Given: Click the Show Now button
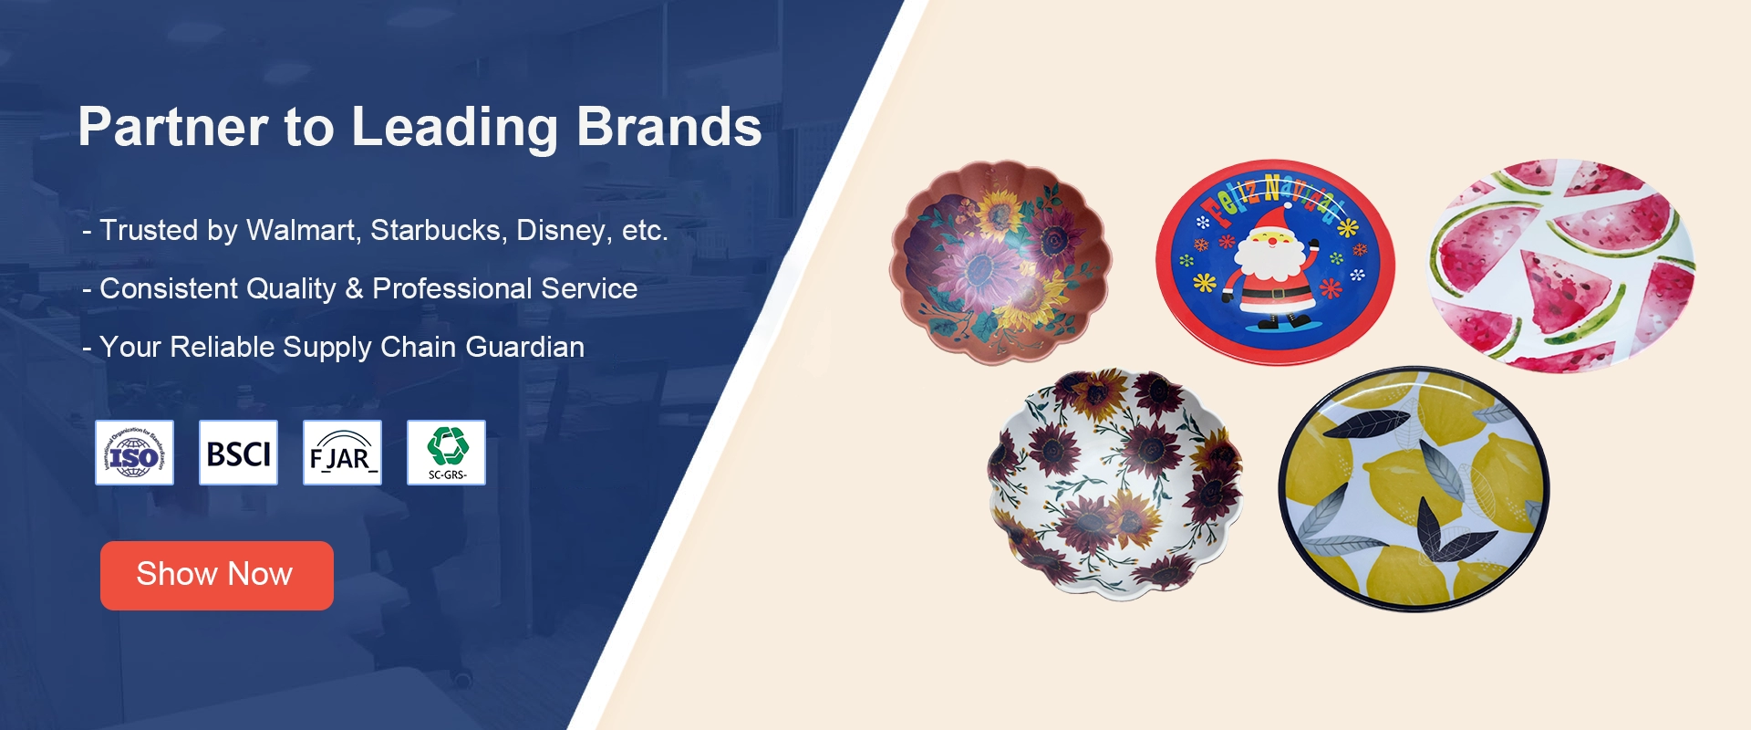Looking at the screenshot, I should pyautogui.click(x=216, y=575).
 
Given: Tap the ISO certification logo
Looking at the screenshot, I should pyautogui.click(x=134, y=453).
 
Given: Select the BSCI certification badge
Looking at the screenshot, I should pyautogui.click(x=238, y=453).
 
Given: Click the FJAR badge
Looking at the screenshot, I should pyautogui.click(x=342, y=453).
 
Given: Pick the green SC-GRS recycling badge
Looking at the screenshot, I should pyautogui.click(x=446, y=453).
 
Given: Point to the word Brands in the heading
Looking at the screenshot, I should pyautogui.click(x=668, y=127).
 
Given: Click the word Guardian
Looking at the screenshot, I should pyautogui.click(x=524, y=347).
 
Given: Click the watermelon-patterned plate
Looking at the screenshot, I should pyautogui.click(x=1560, y=266).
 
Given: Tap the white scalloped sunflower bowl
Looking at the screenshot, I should pyautogui.click(x=1114, y=483).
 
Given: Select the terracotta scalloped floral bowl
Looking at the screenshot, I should pyautogui.click(x=1000, y=262).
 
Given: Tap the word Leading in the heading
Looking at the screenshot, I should pyautogui.click(x=454, y=127).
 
